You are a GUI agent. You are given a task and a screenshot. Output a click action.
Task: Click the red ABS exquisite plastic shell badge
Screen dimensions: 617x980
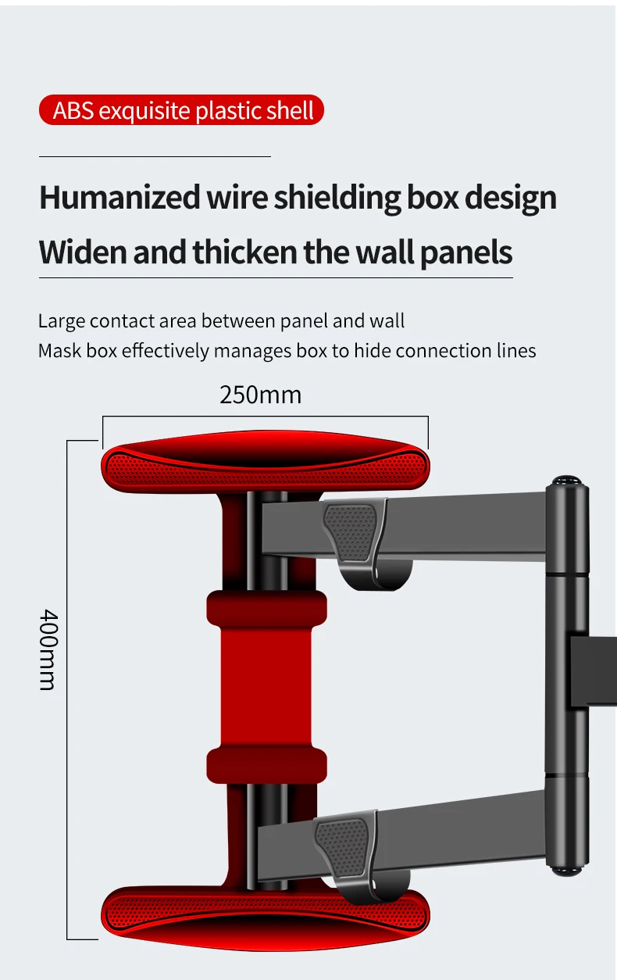181,110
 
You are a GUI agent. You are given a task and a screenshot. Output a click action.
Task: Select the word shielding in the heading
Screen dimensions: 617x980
337,198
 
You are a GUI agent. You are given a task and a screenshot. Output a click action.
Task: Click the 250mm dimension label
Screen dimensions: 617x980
260,395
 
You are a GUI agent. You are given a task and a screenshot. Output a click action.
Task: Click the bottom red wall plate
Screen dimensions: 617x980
266,910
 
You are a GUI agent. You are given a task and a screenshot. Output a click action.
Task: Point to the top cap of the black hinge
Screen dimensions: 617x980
568,481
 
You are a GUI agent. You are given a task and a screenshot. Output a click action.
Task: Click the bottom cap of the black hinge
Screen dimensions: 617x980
568,869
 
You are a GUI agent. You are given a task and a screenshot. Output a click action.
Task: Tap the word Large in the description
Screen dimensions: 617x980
61,320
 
